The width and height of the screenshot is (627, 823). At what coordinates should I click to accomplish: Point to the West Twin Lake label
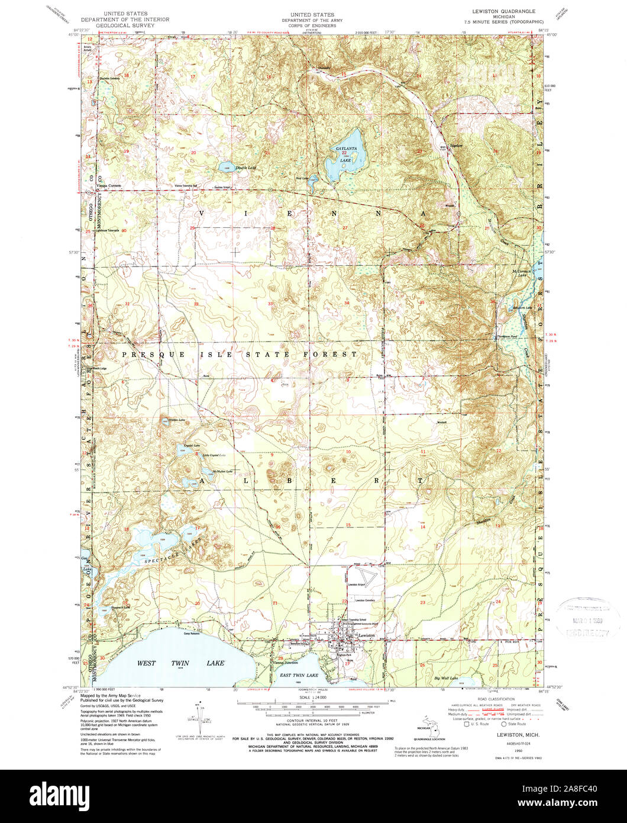pos(181,663)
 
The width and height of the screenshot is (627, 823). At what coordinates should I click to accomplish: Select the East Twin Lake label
pos(299,675)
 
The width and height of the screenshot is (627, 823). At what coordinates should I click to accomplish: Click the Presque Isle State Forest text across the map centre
pos(239,354)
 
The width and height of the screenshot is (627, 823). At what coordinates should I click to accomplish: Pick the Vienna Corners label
pos(109,186)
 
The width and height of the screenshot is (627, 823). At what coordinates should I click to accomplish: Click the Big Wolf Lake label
pos(447,677)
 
